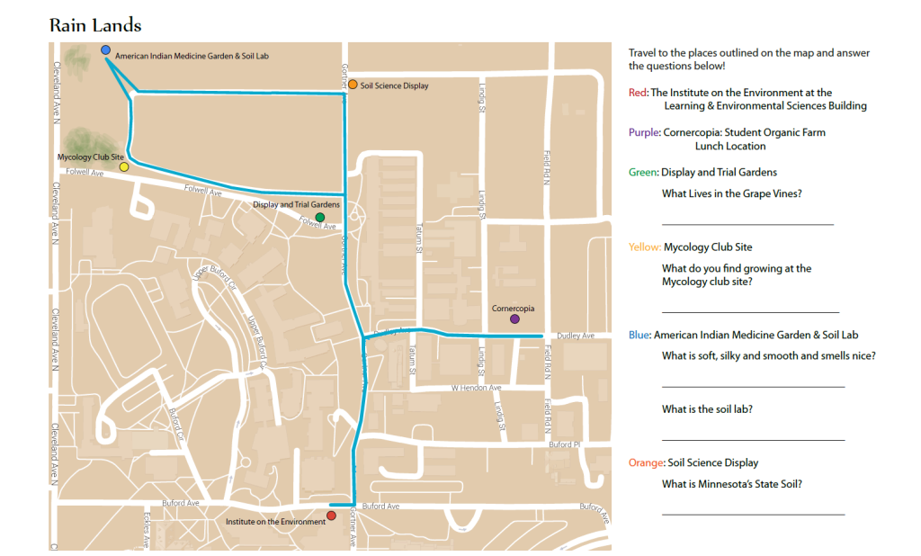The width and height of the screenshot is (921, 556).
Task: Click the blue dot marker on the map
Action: tap(106, 50)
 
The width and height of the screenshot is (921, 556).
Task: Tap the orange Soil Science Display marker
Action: tap(353, 85)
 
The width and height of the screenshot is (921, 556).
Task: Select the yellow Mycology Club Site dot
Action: tap(124, 166)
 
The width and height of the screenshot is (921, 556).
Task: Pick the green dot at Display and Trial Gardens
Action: tap(320, 218)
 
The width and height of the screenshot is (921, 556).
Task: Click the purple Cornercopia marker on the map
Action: tap(514, 318)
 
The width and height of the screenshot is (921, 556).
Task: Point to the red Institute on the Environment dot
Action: tap(331, 516)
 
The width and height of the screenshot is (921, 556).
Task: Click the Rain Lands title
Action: tap(95, 25)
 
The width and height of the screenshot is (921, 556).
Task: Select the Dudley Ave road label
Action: tap(576, 336)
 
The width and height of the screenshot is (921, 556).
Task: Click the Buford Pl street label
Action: tap(565, 444)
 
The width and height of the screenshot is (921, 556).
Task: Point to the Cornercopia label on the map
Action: tap(513, 309)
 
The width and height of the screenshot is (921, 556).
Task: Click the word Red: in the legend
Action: tap(638, 93)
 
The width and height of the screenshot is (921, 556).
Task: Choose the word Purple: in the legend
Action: tap(644, 132)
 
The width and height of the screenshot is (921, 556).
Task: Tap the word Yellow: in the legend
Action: tap(645, 247)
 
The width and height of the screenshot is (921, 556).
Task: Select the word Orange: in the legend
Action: tap(647, 462)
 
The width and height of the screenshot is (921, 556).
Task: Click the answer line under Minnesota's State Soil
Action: tap(753, 515)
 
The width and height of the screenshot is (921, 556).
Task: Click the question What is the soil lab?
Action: tap(707, 409)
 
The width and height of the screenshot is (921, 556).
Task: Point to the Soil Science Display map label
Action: tap(394, 85)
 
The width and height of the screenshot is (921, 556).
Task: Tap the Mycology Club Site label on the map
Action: tap(90, 157)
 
